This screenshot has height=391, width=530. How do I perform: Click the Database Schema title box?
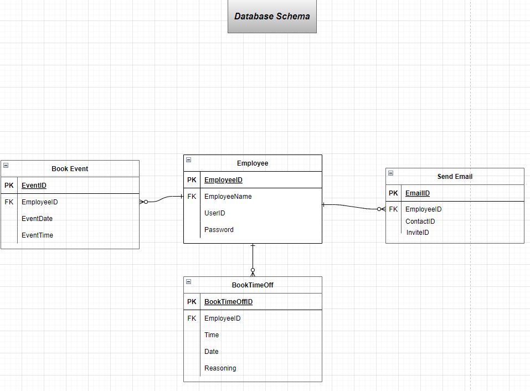tap(272, 17)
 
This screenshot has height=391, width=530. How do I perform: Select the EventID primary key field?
tap(34, 186)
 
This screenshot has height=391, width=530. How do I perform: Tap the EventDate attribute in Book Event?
tap(37, 219)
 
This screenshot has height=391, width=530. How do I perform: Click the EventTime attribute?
tap(38, 235)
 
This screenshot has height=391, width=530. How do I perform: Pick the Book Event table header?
tap(70, 169)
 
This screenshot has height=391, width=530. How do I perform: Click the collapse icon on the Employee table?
tap(188, 160)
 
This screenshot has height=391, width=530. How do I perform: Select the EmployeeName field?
tap(228, 197)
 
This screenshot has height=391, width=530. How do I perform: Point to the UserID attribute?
tap(215, 213)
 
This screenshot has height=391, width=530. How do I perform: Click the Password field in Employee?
tap(219, 230)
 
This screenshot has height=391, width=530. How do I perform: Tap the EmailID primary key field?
tap(417, 193)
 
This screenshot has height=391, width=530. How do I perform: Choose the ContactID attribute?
tap(420, 222)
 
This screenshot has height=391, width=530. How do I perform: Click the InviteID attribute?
tap(418, 233)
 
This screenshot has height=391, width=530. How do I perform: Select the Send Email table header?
tap(455, 177)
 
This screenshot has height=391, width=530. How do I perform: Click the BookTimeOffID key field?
tap(228, 302)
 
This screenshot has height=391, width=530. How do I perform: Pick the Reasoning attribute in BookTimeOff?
tap(220, 368)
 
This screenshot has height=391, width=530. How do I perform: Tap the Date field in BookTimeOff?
tap(212, 352)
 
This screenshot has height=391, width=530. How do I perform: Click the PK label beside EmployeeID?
tap(192, 180)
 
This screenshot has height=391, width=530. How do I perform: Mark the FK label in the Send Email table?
tap(393, 209)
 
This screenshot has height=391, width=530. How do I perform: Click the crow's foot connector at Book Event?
tap(144, 202)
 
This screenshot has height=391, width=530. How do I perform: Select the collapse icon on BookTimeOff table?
tap(188, 281)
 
